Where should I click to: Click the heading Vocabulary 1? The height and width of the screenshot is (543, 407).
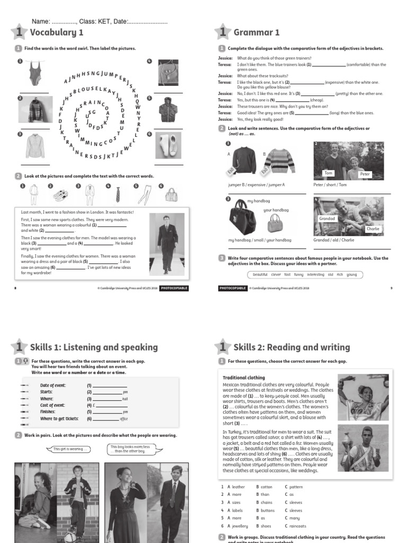pos(56,33)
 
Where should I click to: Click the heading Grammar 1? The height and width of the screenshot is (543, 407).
pos(256,33)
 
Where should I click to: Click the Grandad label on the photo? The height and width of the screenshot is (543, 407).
pos(326,218)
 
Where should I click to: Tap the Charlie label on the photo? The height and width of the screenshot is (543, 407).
pos(373,229)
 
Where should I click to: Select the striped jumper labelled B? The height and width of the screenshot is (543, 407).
pos(279,161)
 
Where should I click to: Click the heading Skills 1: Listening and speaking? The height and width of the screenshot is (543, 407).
pos(94,347)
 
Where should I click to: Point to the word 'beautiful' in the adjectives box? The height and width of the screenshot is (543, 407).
pos(260,275)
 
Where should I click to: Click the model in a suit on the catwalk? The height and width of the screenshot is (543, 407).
pos(167,243)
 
